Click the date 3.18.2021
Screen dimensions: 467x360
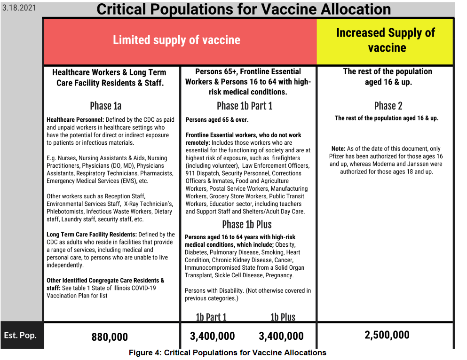[19, 8]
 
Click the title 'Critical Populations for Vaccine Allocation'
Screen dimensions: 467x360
[244, 9]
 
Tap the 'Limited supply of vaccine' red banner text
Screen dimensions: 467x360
[176, 40]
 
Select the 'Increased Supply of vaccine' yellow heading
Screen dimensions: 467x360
[386, 40]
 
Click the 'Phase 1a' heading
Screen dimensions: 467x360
[106, 106]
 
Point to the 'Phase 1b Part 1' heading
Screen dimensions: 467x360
[245, 106]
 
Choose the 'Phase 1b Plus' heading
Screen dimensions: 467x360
[247, 224]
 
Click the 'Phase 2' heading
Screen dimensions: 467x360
[388, 106]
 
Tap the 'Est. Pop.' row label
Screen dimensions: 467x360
[20, 335]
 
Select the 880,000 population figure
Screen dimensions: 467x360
[110, 337]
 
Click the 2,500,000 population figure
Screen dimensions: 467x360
[387, 335]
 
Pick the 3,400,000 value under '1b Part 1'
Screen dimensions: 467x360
[213, 336]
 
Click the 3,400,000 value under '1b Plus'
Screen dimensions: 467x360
[281, 336]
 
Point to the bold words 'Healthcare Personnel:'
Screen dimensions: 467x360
[75, 119]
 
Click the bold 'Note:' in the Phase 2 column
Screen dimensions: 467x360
[338, 149]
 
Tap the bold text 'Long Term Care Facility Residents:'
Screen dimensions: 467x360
[92, 235]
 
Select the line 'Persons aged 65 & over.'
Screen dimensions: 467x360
[217, 119]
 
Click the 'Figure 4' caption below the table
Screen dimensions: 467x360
[228, 352]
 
